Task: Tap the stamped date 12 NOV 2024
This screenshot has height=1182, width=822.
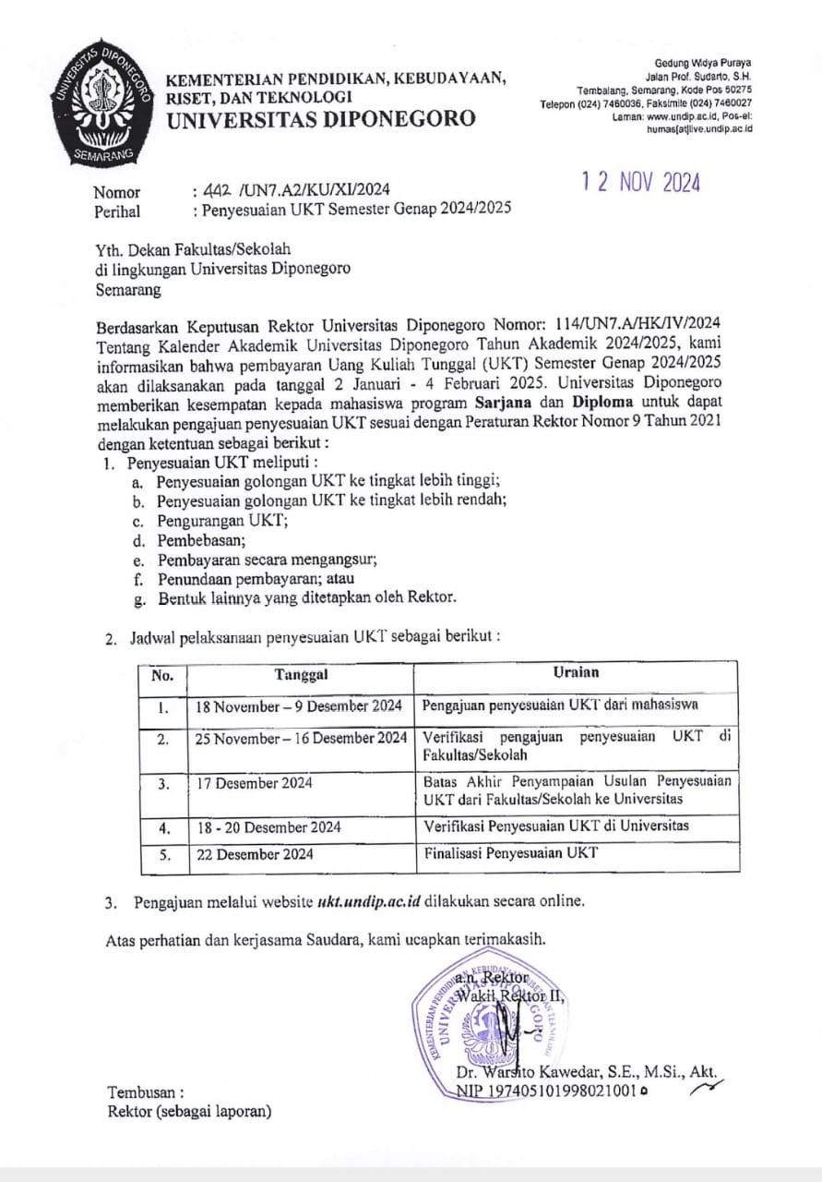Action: click(641, 182)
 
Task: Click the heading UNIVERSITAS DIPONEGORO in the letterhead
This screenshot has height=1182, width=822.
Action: click(321, 118)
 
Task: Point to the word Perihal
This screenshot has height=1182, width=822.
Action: click(117, 211)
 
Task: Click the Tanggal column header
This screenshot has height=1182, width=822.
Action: click(300, 675)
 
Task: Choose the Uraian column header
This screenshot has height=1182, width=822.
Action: click(576, 673)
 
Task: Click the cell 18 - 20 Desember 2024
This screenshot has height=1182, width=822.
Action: click(268, 827)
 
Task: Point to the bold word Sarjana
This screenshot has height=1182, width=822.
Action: click(504, 403)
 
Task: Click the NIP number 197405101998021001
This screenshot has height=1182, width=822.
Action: click(546, 1091)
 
